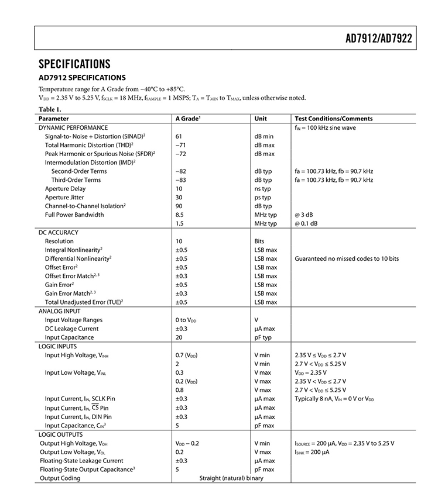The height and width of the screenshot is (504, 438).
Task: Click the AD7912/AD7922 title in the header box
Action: coord(378,39)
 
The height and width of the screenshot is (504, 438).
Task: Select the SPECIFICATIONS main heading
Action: coord(74,64)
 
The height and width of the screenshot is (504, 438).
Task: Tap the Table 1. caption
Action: coord(50,109)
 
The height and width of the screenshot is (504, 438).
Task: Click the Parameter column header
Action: coord(54,119)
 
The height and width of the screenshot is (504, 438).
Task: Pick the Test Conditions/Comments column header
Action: coord(333,119)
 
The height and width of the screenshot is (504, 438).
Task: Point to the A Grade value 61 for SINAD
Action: coord(179,136)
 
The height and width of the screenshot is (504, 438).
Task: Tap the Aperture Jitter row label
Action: coord(66,198)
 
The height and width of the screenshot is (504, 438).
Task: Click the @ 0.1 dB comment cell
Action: coord(307,223)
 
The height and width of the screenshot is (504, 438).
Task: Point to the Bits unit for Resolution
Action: coord(259,241)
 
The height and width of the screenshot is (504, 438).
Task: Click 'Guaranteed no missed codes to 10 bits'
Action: coord(347,258)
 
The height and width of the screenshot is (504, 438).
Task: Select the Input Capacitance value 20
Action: coord(179,337)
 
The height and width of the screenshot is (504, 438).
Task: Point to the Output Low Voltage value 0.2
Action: coord(180,452)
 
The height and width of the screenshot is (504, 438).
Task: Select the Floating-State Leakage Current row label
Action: coord(81,461)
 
